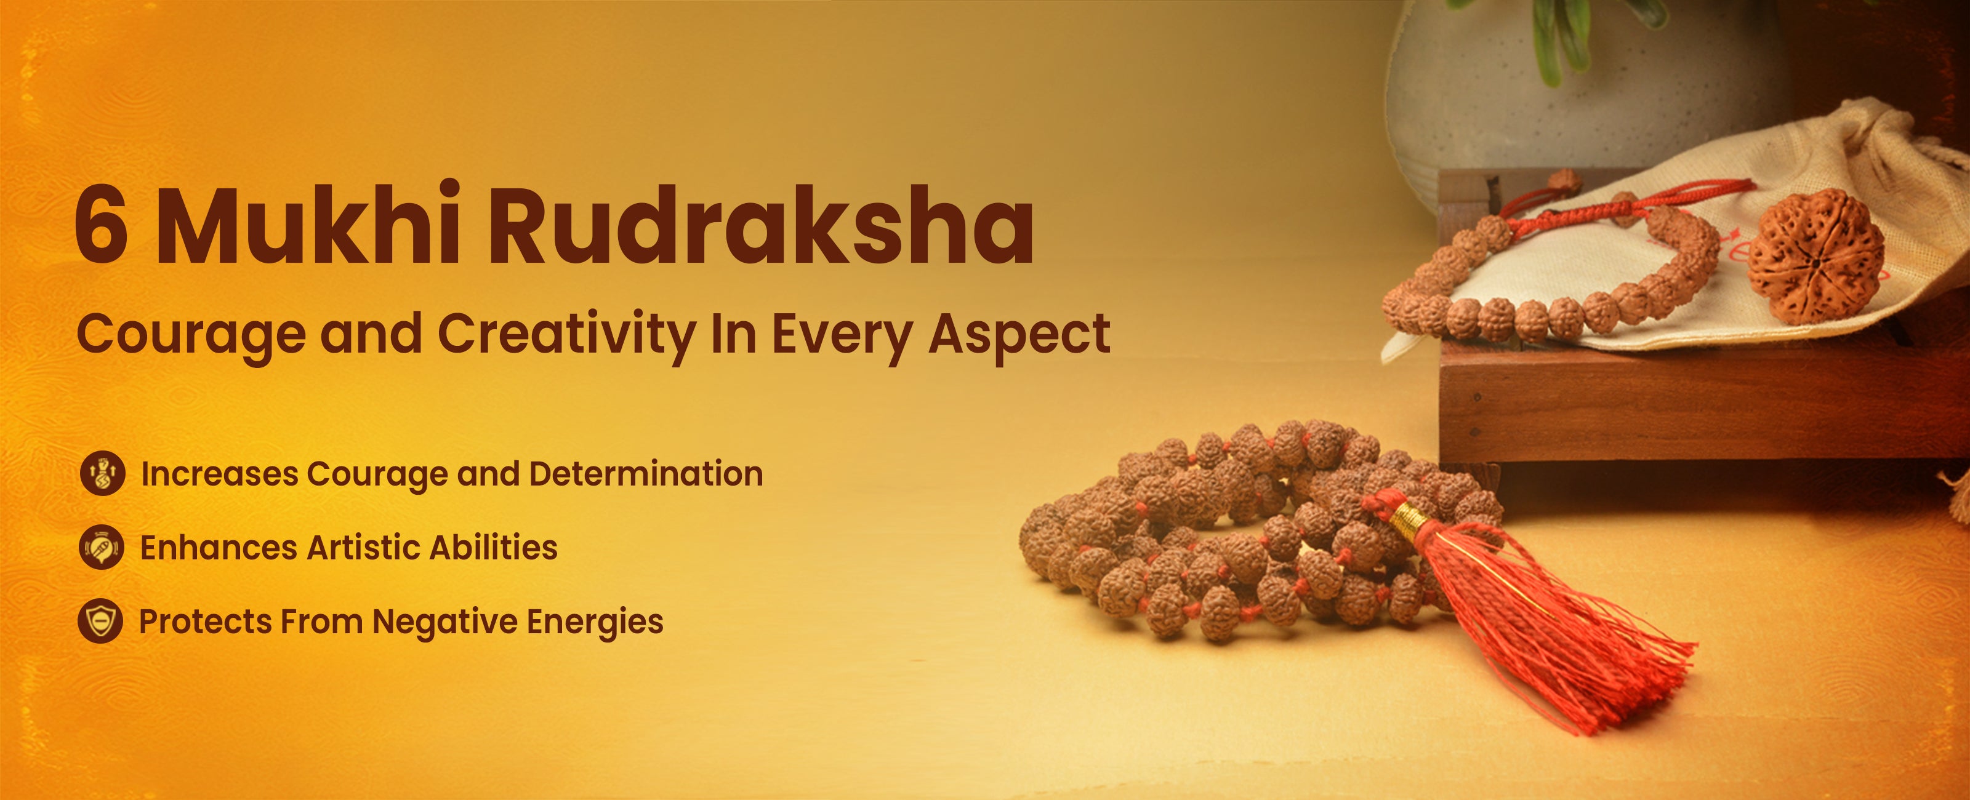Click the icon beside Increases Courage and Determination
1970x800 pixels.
click(102, 473)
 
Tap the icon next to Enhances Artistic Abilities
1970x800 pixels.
click(101, 548)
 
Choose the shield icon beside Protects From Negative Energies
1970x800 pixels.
click(100, 621)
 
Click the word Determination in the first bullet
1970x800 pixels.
click(646, 473)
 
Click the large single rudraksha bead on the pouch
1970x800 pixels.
click(1815, 255)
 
